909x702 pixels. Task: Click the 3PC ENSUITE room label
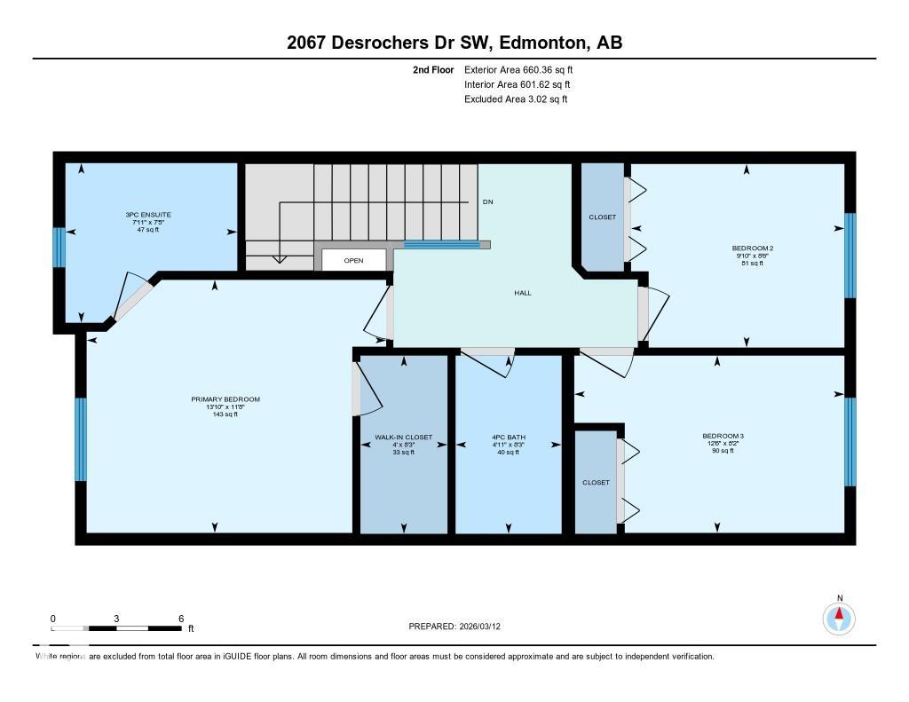(x=148, y=215)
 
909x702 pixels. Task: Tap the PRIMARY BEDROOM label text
(x=225, y=399)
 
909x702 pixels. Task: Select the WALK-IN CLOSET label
(x=404, y=438)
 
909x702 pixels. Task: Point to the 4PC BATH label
(x=508, y=438)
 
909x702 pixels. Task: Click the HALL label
(x=523, y=293)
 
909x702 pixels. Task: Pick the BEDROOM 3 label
(x=722, y=436)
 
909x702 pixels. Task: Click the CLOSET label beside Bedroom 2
(x=602, y=217)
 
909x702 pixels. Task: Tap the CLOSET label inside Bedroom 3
(x=596, y=483)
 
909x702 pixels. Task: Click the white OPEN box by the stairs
(x=354, y=260)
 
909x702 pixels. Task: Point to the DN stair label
(x=487, y=202)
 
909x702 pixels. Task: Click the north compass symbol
(x=838, y=617)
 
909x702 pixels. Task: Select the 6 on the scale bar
(x=181, y=619)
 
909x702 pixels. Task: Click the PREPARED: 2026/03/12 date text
(x=461, y=627)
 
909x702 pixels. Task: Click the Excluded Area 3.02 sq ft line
(x=515, y=99)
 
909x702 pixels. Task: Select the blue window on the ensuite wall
(x=59, y=248)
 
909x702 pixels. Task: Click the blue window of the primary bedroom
(x=80, y=439)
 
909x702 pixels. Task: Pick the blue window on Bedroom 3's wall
(x=850, y=442)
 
